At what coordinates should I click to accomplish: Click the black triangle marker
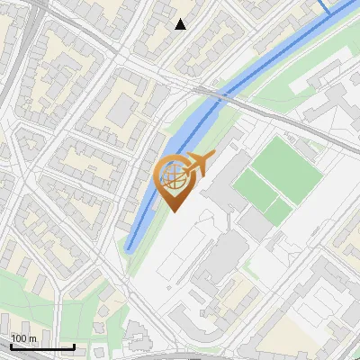coord(181,24)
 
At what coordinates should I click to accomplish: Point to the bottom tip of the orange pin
coord(173,211)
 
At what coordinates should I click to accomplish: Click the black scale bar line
coord(42,346)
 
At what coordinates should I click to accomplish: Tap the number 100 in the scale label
coord(20,338)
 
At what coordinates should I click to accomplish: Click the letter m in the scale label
coord(33,338)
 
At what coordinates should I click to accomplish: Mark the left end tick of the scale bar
coord(11,345)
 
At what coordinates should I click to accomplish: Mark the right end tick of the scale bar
coord(74,345)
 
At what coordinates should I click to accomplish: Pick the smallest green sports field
coord(278,211)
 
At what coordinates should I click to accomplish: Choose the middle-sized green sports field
coord(256,190)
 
